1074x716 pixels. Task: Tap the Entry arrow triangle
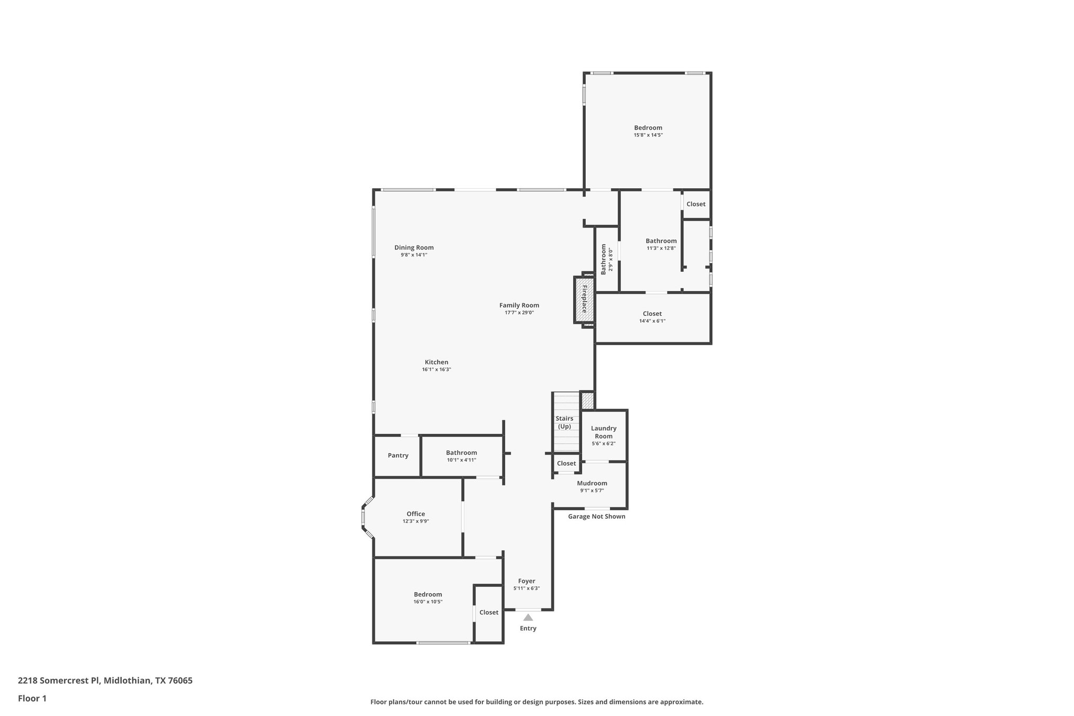coord(528,617)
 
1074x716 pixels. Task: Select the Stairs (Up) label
coord(564,422)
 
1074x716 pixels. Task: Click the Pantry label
coord(398,455)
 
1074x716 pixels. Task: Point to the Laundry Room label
coord(604,432)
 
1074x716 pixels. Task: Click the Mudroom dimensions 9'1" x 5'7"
coord(592,490)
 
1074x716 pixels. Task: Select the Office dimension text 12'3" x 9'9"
coord(416,521)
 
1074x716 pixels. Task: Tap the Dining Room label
coord(414,248)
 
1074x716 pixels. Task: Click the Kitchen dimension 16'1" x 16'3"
coord(436,369)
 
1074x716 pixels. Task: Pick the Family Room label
coord(519,305)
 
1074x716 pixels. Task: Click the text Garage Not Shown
coord(597,516)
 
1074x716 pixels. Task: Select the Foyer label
coord(527,581)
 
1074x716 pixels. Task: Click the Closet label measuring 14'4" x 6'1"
coord(652,314)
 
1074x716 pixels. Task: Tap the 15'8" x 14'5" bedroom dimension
coord(648,135)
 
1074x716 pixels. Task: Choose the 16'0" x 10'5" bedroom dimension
coord(428,602)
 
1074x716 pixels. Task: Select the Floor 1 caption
coord(33,698)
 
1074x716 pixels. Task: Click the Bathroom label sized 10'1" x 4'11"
coord(461,453)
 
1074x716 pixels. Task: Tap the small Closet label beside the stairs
coord(566,463)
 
